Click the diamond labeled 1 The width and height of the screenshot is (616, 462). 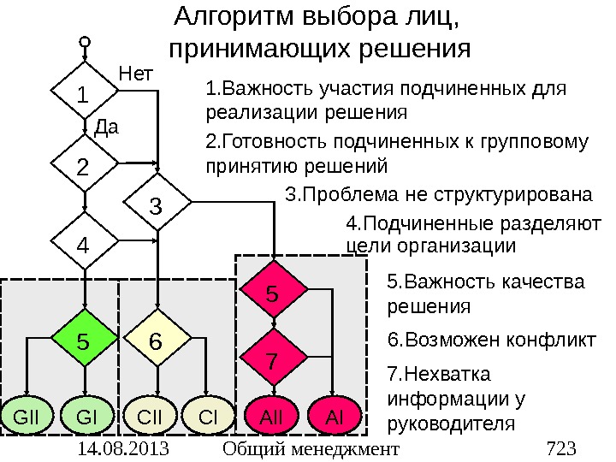(x=84, y=93)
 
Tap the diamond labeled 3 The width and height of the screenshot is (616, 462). (x=157, y=204)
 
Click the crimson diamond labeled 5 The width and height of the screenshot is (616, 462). (x=272, y=293)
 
